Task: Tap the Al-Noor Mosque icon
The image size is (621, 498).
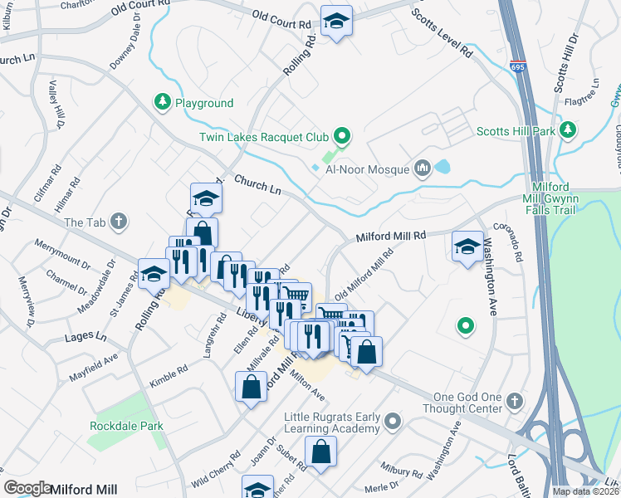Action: (423, 169)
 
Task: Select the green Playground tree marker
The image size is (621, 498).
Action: (163, 103)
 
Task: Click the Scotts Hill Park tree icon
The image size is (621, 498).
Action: (568, 129)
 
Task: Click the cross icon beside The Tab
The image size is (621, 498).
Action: (120, 222)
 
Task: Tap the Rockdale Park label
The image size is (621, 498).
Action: (126, 426)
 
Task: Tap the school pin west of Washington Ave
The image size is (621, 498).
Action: (468, 247)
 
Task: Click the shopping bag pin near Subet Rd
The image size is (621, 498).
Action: (320, 452)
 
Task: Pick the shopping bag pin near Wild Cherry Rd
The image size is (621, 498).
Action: (251, 387)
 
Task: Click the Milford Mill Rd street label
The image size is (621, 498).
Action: (390, 237)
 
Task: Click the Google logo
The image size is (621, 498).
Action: (27, 488)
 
